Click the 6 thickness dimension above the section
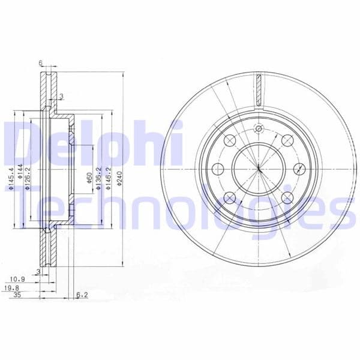pyautogui.click(x=41, y=62)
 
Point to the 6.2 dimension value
pyautogui.click(x=83, y=295)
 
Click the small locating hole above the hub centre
pyautogui.click(x=259, y=128)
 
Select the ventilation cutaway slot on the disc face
pyautogui.click(x=259, y=89)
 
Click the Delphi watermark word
pyautogui.click(x=90, y=144)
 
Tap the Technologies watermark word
pyautogui.click(x=180, y=207)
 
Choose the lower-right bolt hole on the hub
pyautogui.click(x=287, y=197)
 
